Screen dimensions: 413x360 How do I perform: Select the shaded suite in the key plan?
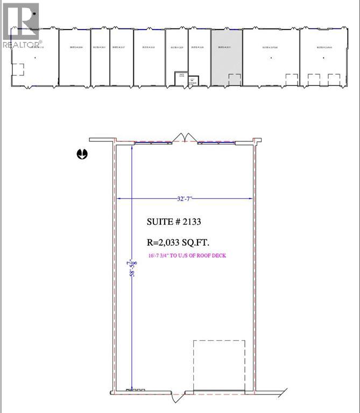pos(226,56)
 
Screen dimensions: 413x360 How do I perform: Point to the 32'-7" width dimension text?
pos(185,198)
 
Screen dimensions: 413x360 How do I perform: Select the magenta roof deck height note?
pos(187,255)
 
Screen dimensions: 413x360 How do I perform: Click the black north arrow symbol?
pos(82,154)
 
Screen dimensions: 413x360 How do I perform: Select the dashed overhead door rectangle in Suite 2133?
pos(219,364)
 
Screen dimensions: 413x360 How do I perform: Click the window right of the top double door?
pos(217,143)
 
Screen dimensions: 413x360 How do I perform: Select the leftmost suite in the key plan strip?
pos(33,56)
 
